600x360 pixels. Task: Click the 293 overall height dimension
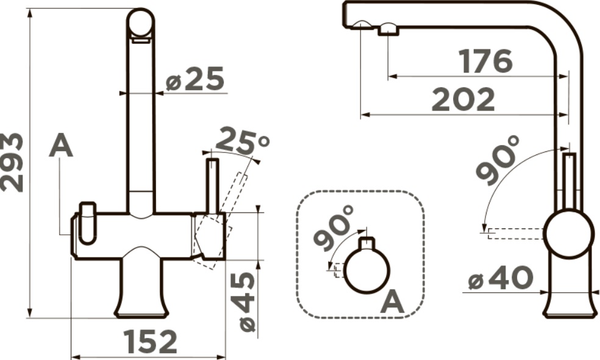click(x=12, y=162)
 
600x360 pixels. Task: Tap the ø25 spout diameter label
click(x=195, y=79)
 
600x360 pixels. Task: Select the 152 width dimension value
click(x=151, y=342)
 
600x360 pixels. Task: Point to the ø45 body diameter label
click(x=243, y=303)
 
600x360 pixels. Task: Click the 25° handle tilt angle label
click(x=242, y=140)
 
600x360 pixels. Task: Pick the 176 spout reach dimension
click(x=485, y=61)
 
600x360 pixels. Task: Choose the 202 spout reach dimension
click(x=463, y=99)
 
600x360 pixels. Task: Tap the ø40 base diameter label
click(x=501, y=278)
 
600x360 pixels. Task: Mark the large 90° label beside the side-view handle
click(x=498, y=160)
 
